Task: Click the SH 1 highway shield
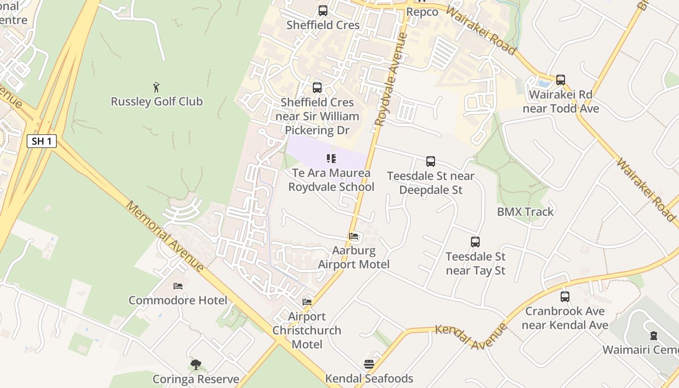[42, 141]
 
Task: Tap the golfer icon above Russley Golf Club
[156, 87]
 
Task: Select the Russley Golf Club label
[157, 101]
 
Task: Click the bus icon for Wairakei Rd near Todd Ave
[561, 80]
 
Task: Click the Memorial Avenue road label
[165, 236]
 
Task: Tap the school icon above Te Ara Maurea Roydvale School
[331, 159]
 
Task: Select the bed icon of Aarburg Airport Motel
[354, 237]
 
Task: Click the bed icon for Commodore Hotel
[178, 286]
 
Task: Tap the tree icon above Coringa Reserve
[196, 365]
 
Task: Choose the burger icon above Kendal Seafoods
[369, 364]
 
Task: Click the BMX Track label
[525, 211]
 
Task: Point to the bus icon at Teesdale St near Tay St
[475, 242]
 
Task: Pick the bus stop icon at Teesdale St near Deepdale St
[431, 162]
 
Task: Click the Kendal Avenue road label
[470, 336]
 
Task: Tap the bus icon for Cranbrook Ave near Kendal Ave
[565, 296]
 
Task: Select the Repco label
[422, 12]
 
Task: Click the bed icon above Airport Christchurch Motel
[307, 302]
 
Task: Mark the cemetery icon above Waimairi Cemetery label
[654, 335]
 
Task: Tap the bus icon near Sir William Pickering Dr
[317, 88]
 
